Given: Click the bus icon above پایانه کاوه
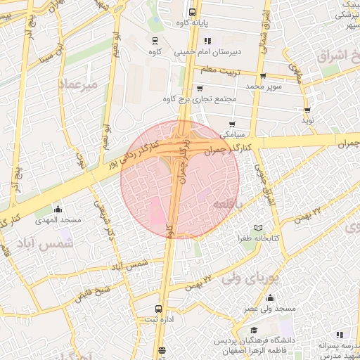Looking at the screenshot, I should pyautogui.click(x=193, y=11).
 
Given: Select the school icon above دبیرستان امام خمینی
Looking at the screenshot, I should pyautogui.click(x=208, y=41).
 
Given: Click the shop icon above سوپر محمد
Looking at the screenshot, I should pyautogui.click(x=262, y=75).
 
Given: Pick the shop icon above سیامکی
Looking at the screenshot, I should pyautogui.click(x=231, y=124).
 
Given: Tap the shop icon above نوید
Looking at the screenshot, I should pyautogui.click(x=308, y=110).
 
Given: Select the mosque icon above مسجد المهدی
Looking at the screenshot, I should pyautogui.click(x=58, y=210).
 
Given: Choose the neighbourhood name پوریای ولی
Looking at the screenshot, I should pyautogui.click(x=250, y=277).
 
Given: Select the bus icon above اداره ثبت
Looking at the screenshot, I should pyautogui.click(x=159, y=309).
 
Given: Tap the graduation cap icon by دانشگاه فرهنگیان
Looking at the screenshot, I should pyautogui.click(x=254, y=330).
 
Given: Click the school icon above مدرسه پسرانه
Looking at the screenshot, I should pyautogui.click(x=340, y=335).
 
